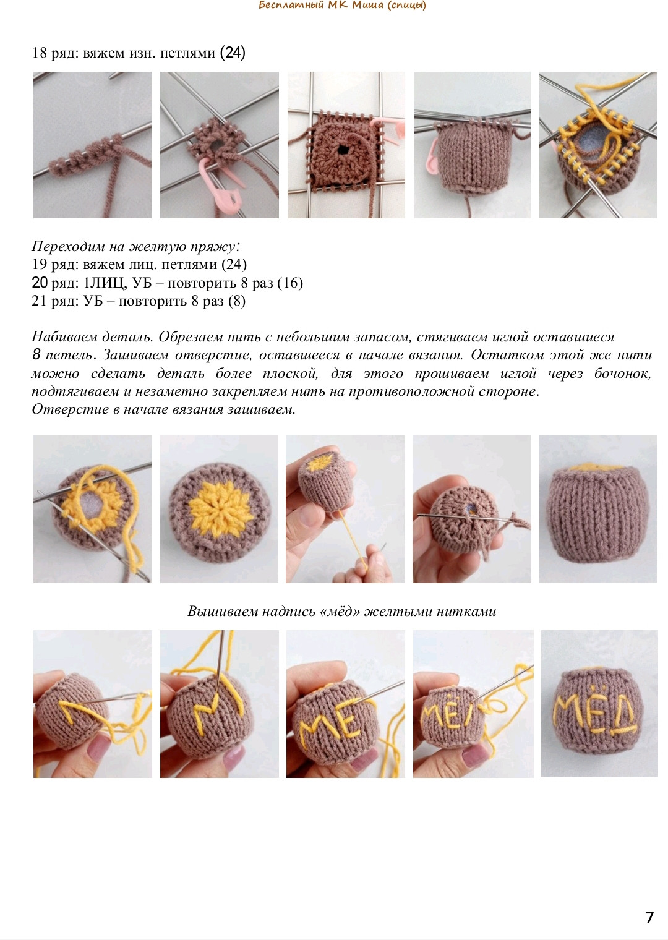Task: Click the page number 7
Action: click(649, 918)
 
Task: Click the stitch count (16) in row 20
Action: click(289, 283)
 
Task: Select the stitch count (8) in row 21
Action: click(236, 301)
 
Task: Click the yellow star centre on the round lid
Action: click(219, 508)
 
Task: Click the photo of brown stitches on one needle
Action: click(92, 145)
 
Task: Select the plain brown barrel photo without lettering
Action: click(598, 509)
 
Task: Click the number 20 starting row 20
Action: click(40, 283)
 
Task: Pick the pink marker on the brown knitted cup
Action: click(430, 155)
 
